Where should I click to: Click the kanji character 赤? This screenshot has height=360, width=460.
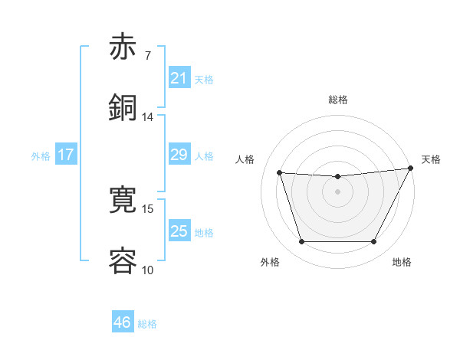point(123,47)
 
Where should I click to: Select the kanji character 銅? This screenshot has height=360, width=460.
point(123,107)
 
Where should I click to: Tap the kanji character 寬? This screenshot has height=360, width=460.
point(123,201)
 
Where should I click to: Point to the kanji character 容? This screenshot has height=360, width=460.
point(123,260)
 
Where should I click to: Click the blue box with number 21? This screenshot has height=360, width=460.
point(179,77)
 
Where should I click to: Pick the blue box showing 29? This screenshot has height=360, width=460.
point(179,155)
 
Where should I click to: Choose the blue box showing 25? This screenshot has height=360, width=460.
point(179,231)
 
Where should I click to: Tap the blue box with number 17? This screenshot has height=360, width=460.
point(66,155)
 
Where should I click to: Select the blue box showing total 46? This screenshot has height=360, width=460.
point(123,322)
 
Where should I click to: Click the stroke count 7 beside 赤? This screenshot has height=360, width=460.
point(148,56)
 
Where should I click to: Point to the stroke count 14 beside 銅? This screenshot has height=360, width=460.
point(148,116)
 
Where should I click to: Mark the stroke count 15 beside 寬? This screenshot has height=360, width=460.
point(148,208)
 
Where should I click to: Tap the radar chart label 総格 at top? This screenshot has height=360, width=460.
point(337,100)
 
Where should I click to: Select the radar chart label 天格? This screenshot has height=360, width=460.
point(431,159)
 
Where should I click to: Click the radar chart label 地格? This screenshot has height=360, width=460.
point(402,262)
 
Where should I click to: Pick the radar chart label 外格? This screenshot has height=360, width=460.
point(270,262)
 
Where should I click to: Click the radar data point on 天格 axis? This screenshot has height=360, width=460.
point(412,169)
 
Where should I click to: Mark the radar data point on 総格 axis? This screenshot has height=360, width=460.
point(337,177)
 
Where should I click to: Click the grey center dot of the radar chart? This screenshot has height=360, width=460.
point(337,192)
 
